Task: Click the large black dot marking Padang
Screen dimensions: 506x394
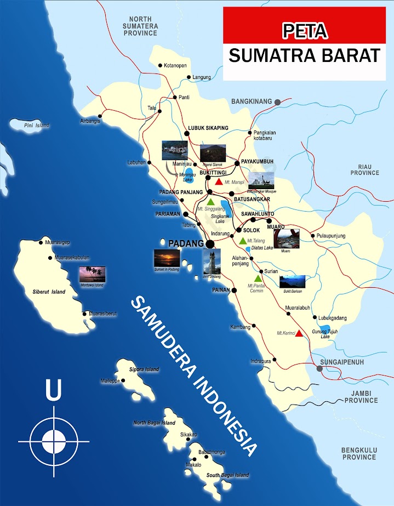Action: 209,244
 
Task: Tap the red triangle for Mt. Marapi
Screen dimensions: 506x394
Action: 219,181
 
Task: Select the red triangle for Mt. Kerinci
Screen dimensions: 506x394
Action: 299,333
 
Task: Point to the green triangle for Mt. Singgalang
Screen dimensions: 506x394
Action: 210,202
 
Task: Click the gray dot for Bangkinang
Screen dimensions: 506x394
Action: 278,102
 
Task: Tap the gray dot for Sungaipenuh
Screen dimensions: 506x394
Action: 320,369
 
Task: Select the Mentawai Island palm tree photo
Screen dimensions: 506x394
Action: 92,274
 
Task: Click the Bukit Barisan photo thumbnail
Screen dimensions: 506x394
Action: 292,281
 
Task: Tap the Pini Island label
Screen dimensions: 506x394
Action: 37,126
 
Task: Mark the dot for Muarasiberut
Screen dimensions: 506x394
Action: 84,314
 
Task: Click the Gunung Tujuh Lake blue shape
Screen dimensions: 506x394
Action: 324,331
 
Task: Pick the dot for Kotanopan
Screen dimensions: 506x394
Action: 161,66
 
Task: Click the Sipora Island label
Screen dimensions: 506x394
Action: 144,369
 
